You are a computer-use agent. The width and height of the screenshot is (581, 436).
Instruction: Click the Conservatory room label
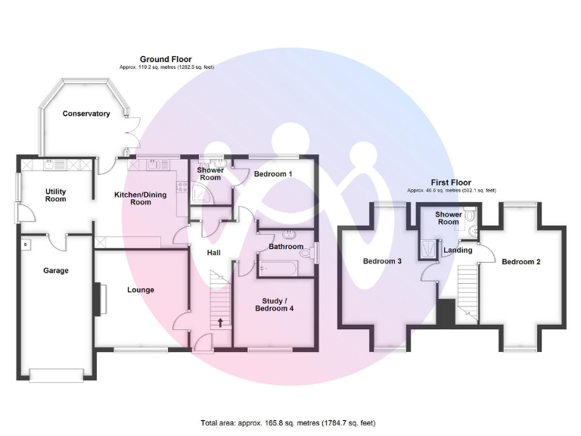tap(86, 114)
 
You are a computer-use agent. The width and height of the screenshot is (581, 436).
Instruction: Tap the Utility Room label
tap(55, 195)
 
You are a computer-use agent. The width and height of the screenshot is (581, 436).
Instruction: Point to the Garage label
tap(55, 270)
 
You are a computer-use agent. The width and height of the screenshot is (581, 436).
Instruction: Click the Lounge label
tap(141, 290)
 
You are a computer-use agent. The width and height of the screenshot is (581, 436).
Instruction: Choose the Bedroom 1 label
tap(272, 174)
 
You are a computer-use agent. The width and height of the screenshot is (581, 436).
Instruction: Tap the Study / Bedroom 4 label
tap(275, 305)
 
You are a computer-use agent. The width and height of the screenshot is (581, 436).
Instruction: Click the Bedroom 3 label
tap(382, 261)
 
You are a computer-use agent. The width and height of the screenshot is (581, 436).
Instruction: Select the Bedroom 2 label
tap(520, 262)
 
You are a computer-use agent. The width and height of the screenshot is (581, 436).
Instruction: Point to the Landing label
tap(458, 251)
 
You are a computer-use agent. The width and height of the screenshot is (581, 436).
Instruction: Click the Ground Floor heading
tap(166, 59)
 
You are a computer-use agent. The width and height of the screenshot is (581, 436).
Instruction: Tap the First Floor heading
tap(451, 182)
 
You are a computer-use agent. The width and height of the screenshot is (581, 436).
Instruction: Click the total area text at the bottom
tap(288, 422)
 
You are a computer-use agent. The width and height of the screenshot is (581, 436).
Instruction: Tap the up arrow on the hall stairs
tap(220, 323)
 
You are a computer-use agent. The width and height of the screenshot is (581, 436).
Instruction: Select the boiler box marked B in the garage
tap(25, 244)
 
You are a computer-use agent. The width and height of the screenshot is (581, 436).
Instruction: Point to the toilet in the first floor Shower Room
tap(470, 231)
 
